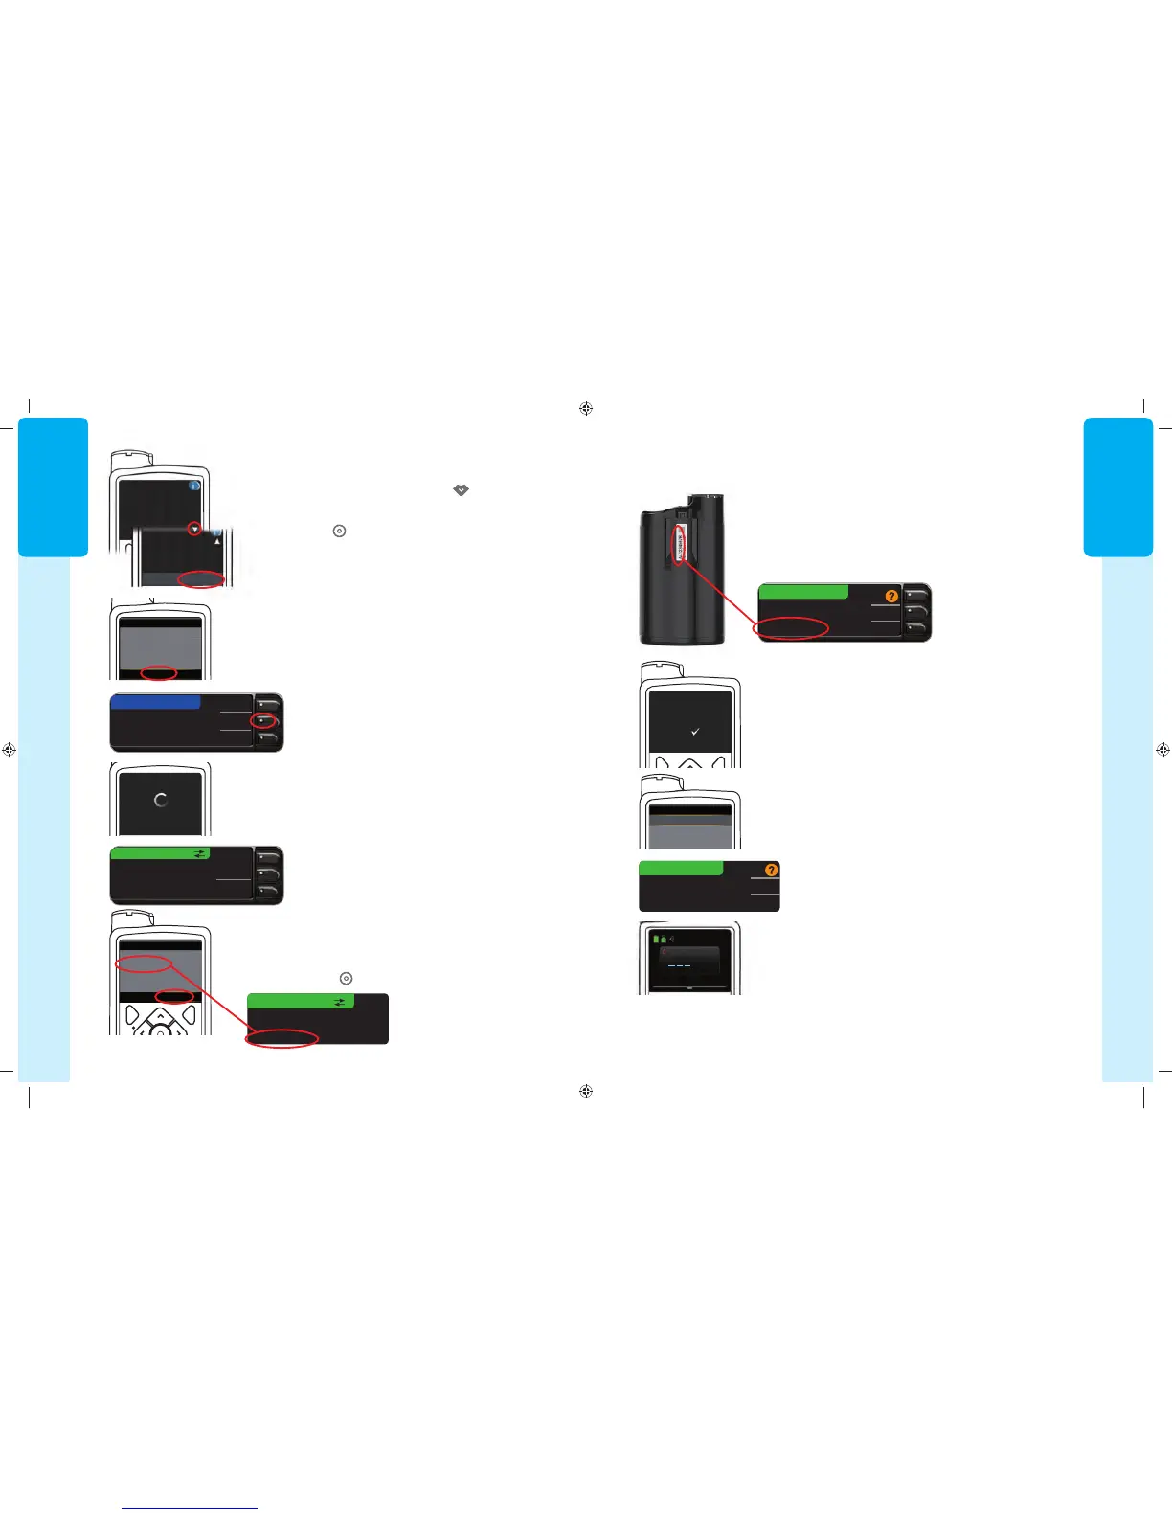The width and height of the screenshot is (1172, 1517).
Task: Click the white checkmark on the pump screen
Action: pos(695,732)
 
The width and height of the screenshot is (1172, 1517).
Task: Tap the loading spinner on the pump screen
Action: pos(160,800)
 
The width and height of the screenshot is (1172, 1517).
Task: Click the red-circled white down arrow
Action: pos(195,529)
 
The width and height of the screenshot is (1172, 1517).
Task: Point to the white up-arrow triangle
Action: pos(217,541)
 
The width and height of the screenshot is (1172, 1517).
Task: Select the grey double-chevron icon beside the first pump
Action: pos(461,489)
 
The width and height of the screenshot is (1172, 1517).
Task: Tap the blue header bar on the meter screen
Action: pos(155,702)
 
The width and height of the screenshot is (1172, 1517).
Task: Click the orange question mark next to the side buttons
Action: pos(891,596)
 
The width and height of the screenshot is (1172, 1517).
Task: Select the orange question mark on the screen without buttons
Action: pos(772,870)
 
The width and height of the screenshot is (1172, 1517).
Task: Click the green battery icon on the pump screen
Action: pos(656,939)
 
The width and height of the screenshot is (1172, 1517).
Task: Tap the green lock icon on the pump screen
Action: pos(664,939)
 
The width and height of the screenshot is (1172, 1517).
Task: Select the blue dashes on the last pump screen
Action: pos(679,965)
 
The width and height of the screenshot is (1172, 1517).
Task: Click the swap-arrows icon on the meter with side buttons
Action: pos(199,853)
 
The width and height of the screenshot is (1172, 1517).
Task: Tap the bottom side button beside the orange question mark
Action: pos(915,628)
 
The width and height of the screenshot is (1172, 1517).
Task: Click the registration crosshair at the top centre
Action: pos(586,408)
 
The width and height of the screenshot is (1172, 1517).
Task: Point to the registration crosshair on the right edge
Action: pos(1162,750)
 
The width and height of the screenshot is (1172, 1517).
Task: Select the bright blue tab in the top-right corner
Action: pos(1117,487)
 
